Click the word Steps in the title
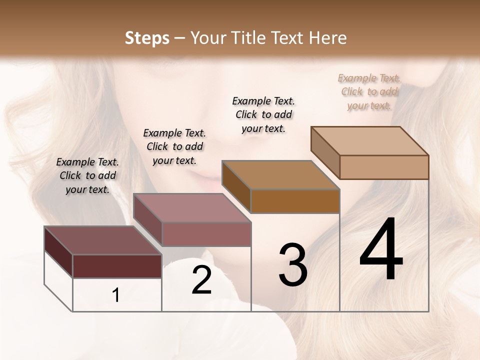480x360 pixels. click(147, 38)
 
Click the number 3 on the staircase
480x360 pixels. click(293, 265)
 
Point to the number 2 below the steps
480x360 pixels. click(201, 280)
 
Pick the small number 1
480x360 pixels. click(116, 295)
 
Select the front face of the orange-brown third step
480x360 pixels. click(295, 201)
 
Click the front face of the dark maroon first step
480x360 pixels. click(117, 266)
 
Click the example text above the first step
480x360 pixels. click(87, 175)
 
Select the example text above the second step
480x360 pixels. click(174, 146)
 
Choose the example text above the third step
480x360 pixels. click(263, 114)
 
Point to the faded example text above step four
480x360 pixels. click(369, 91)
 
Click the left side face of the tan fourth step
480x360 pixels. click(325, 152)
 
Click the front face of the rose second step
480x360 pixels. click(206, 234)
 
